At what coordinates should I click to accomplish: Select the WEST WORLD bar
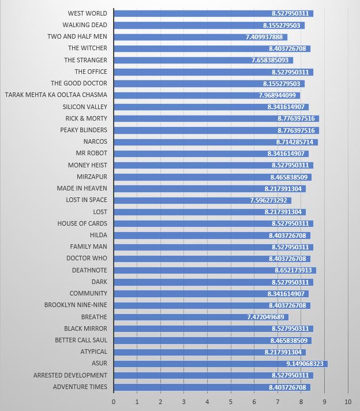[x=213, y=13]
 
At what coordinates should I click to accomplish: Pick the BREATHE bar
[x=201, y=317]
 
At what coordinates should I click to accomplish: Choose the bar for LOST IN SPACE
[x=202, y=200]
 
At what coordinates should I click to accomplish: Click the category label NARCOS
[x=95, y=141]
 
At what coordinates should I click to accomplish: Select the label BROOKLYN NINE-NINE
[x=76, y=305]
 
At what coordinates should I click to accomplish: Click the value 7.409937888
[x=265, y=37]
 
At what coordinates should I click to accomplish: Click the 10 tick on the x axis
[x=348, y=401]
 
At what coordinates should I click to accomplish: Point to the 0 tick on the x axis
[x=114, y=401]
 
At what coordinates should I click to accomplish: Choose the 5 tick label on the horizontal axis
[x=231, y=401]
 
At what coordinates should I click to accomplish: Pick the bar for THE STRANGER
[x=203, y=60]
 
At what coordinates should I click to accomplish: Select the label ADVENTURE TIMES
[x=80, y=387]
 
